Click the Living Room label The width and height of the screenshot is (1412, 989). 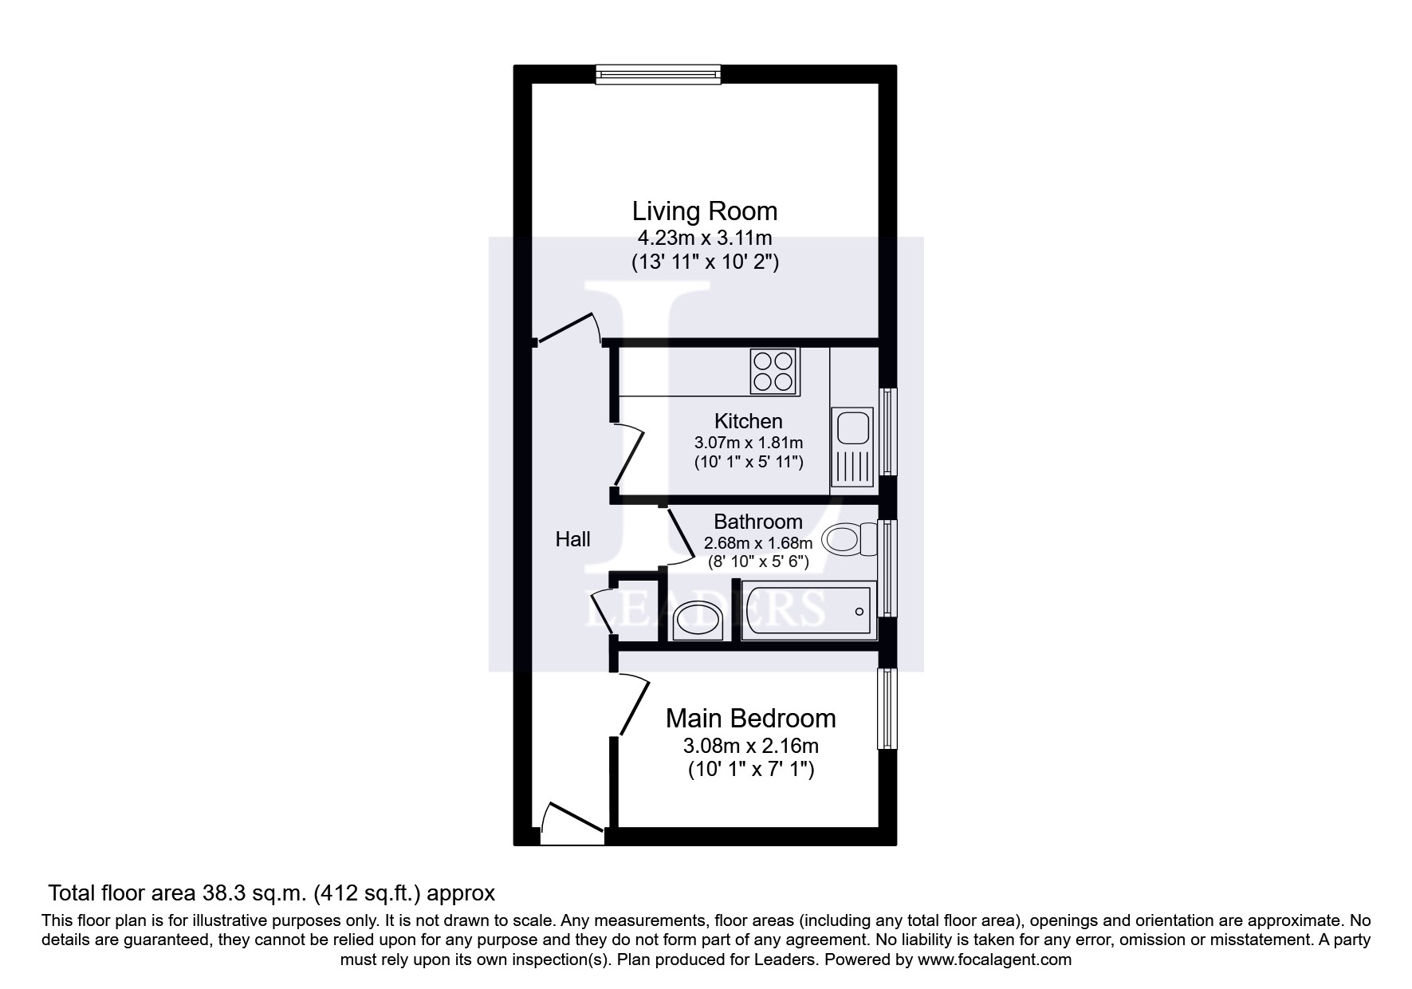tap(704, 211)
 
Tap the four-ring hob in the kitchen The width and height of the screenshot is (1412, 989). tap(773, 372)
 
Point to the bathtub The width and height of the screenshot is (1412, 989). tap(808, 611)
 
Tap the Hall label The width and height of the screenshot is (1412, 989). tap(572, 540)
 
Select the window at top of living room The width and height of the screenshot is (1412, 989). tap(659, 75)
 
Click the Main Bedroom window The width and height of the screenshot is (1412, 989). tap(887, 708)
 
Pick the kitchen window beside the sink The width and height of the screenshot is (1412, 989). tap(887, 431)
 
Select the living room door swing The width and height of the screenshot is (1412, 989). tap(569, 329)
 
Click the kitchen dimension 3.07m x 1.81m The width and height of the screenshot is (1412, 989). tap(748, 443)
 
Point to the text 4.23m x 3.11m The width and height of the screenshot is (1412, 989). tap(704, 238)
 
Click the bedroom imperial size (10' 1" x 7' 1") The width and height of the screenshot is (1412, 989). tap(750, 770)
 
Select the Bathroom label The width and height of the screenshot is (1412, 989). tap(757, 522)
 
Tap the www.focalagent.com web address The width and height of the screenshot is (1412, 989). tap(994, 960)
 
